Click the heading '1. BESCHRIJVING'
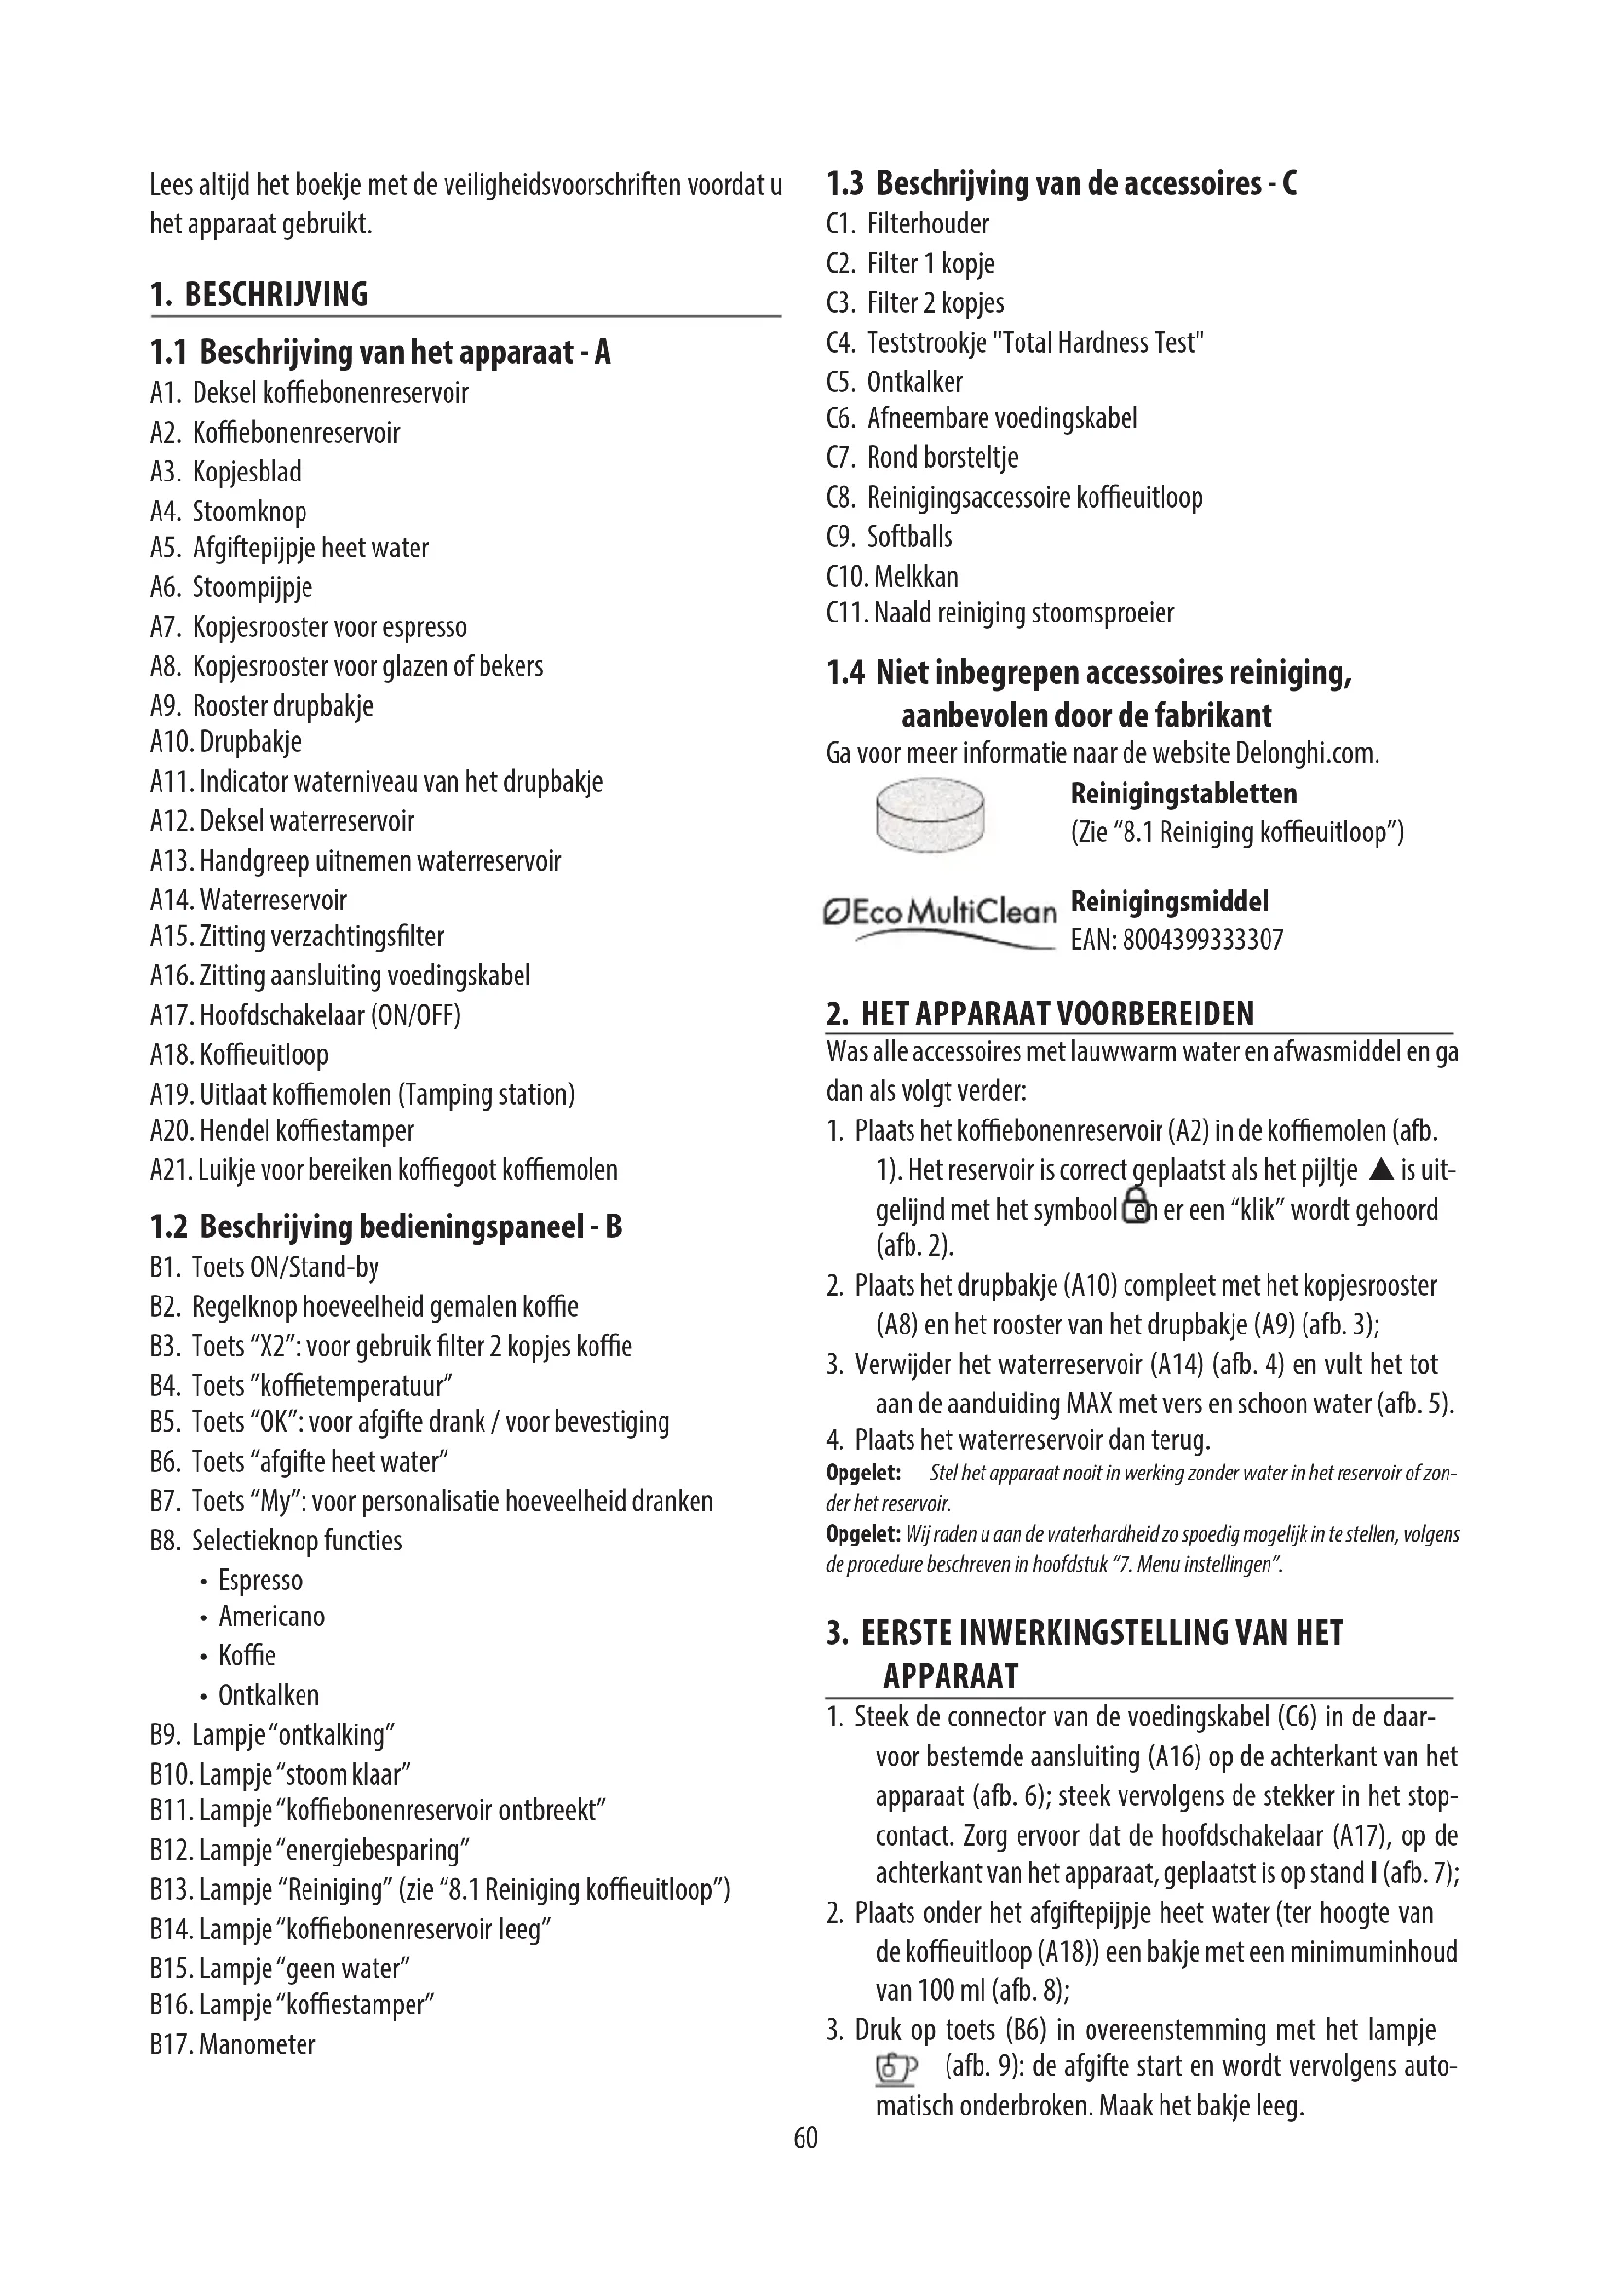pos(259,296)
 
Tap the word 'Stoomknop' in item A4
pos(249,512)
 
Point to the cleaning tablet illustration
pos(930,814)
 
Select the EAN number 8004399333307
pos(1201,940)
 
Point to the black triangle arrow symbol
pos(1379,1170)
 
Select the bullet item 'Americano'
pos(271,1617)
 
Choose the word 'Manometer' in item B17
pos(258,2044)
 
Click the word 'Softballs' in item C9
pos(910,537)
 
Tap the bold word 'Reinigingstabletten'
pos(1183,794)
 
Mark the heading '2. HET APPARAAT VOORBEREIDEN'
pos(1039,1013)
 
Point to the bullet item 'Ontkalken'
pos(268,1695)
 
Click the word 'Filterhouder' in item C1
pos(927,225)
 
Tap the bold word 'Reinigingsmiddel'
pos(1169,902)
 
